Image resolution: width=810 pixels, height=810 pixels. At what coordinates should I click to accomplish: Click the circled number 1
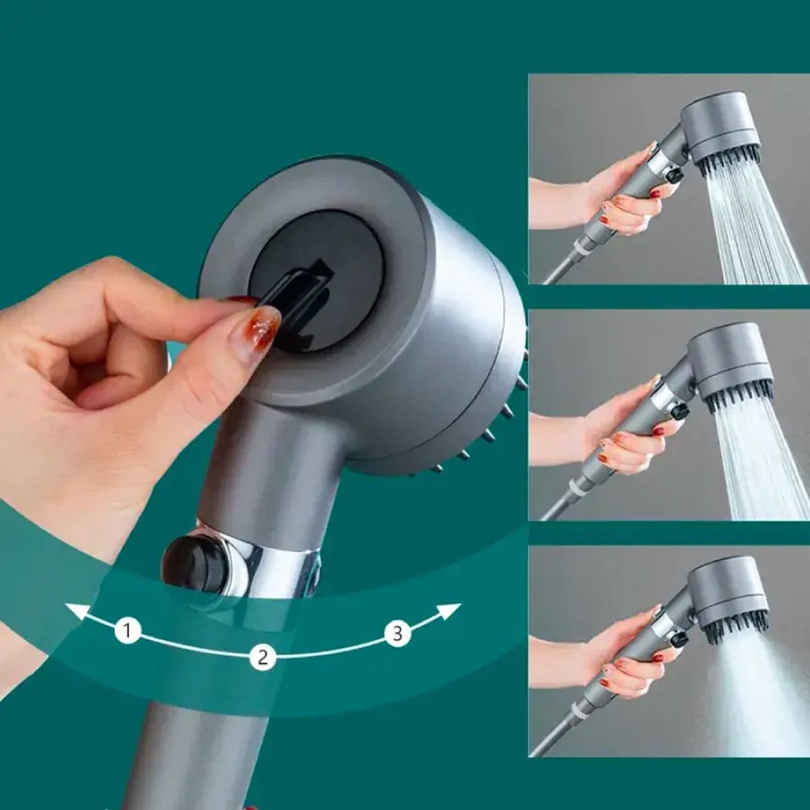127,631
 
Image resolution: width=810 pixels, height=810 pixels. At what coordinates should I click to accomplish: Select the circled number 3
398,633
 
